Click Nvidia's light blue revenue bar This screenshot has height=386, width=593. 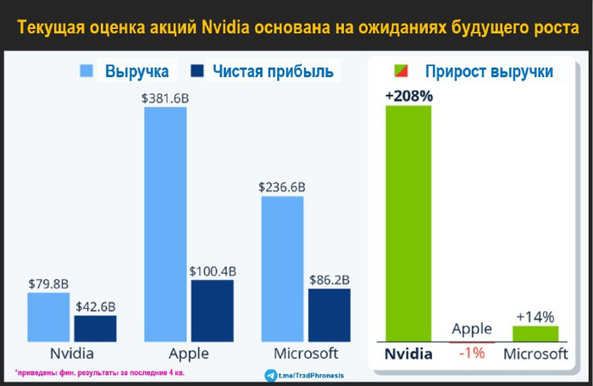point(47,316)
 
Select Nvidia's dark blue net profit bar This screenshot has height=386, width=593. point(95,327)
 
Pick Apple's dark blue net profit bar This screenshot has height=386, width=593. point(212,310)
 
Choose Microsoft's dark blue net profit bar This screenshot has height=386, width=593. point(329,314)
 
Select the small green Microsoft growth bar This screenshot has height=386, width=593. point(535,333)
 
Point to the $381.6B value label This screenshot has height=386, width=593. point(164,98)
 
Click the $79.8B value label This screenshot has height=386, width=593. point(47,284)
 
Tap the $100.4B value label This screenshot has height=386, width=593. point(213,271)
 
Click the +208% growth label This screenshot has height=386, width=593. point(408,96)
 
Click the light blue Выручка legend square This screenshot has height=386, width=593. point(86,71)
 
